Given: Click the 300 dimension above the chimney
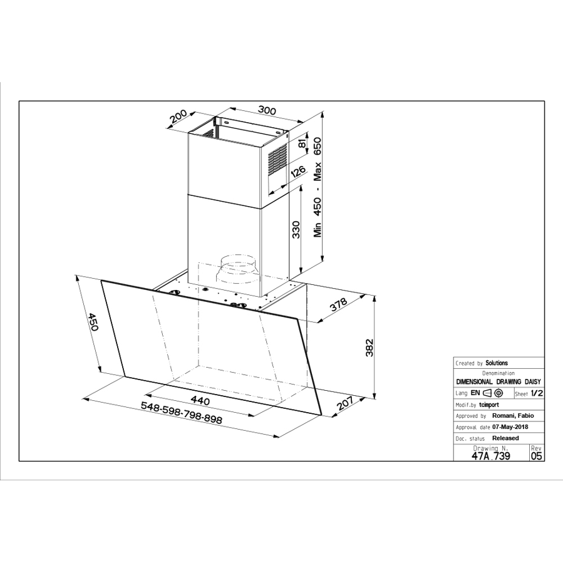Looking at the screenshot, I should pyautogui.click(x=267, y=111).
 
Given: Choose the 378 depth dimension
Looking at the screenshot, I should pyautogui.click(x=339, y=305).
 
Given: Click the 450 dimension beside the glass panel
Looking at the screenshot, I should pyautogui.click(x=93, y=323).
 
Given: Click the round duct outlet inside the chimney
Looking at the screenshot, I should pyautogui.click(x=238, y=269).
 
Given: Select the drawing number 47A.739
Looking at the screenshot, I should pyautogui.click(x=490, y=457).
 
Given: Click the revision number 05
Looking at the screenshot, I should pyautogui.click(x=537, y=457).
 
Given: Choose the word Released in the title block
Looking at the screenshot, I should pyautogui.click(x=505, y=438).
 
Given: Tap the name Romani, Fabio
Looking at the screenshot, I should pyautogui.click(x=514, y=415).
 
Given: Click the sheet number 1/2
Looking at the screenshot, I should pyautogui.click(x=537, y=393).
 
